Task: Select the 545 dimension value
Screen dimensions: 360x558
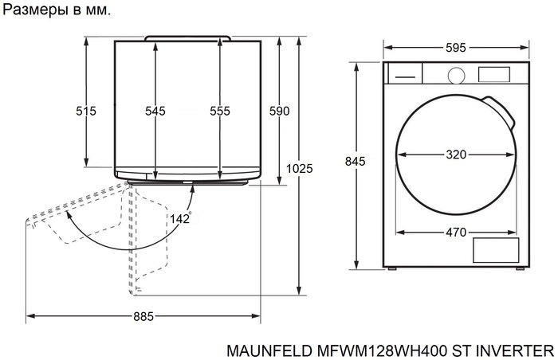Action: click(x=155, y=112)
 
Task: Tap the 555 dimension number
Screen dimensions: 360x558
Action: click(x=220, y=112)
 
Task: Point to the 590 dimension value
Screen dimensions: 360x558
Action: click(x=278, y=112)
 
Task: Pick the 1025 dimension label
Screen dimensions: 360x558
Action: click(x=300, y=169)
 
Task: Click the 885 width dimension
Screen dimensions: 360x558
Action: click(x=143, y=317)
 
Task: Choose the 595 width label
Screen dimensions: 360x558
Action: click(x=455, y=48)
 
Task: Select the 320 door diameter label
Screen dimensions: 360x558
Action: click(x=456, y=155)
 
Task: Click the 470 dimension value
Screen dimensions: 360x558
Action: click(x=456, y=233)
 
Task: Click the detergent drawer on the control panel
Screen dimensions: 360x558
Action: click(x=404, y=74)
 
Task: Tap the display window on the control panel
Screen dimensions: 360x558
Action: click(x=493, y=74)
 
